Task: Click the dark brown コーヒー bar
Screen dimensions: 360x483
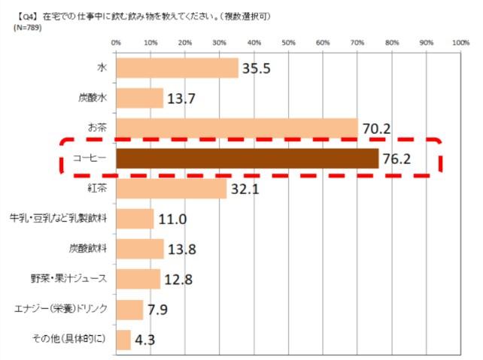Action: click(247, 159)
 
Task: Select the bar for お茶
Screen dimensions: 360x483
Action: click(236, 129)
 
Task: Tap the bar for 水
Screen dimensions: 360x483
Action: click(177, 68)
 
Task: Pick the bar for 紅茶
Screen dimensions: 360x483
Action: click(171, 189)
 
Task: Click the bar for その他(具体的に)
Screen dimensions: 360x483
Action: click(123, 339)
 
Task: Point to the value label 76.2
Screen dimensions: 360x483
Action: click(399, 159)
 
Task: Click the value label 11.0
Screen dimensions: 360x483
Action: click(172, 219)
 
